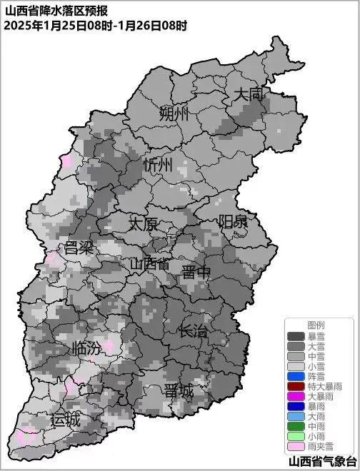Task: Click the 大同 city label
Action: click(x=249, y=93)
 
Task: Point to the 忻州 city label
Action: click(x=158, y=165)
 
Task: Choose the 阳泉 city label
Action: click(x=233, y=221)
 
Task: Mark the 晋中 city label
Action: click(x=196, y=272)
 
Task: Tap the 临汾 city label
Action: click(x=87, y=349)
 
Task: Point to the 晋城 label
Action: click(x=178, y=392)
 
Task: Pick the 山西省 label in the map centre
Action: click(x=149, y=263)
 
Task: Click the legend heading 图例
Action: click(x=316, y=325)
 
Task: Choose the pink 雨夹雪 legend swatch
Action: click(x=296, y=446)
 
